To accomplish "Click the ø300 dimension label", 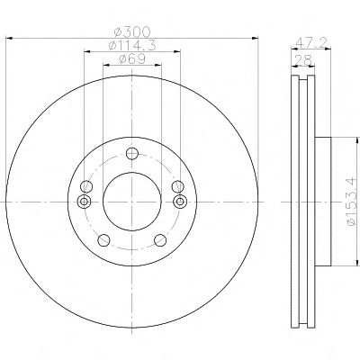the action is [x=132, y=31].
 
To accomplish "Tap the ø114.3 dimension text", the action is [x=132, y=45].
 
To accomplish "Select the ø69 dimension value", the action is [x=132, y=58].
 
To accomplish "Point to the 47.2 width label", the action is [x=310, y=43].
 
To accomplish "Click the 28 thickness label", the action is [x=303, y=60].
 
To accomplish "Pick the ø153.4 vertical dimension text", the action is [x=353, y=202].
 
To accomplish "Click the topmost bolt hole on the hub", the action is [x=132, y=154].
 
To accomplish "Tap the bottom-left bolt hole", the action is [x=103, y=239].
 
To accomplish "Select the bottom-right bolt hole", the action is [x=160, y=239].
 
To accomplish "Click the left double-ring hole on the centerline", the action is [x=85, y=202].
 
